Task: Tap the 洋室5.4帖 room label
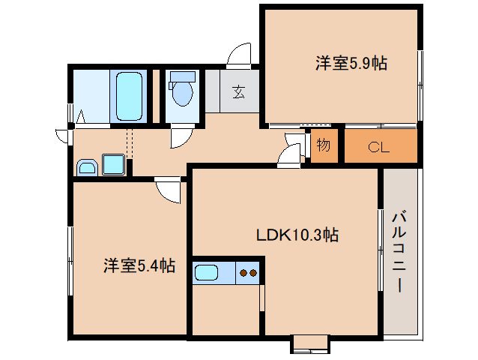click(x=139, y=265)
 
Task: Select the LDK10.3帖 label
click(x=297, y=235)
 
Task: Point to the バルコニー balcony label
click(x=399, y=251)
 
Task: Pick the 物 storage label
click(x=323, y=145)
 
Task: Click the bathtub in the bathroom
click(x=132, y=96)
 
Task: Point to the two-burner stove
click(x=248, y=273)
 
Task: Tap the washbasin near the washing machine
click(x=87, y=167)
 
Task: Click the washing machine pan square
click(x=114, y=163)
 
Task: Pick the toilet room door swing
click(x=181, y=137)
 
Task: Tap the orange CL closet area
click(x=380, y=147)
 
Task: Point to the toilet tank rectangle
click(x=182, y=76)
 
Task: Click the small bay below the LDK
click(x=309, y=343)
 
